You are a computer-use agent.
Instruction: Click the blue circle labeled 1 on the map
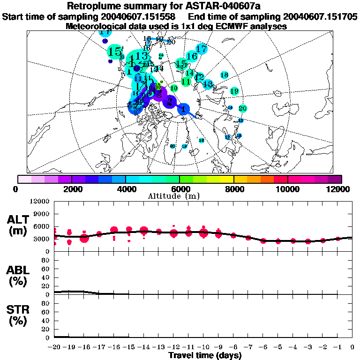click(x=184, y=109)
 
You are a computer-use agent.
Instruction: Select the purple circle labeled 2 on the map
click(x=170, y=101)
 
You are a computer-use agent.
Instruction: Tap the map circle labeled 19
click(x=235, y=91)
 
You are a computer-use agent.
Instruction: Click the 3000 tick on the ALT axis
click(x=41, y=239)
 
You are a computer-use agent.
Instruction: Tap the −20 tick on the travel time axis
click(x=54, y=347)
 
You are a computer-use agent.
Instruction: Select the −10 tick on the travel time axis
click(x=203, y=347)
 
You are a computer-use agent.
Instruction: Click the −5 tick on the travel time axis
click(x=278, y=347)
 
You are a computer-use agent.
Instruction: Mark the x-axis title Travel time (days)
click(x=205, y=355)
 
